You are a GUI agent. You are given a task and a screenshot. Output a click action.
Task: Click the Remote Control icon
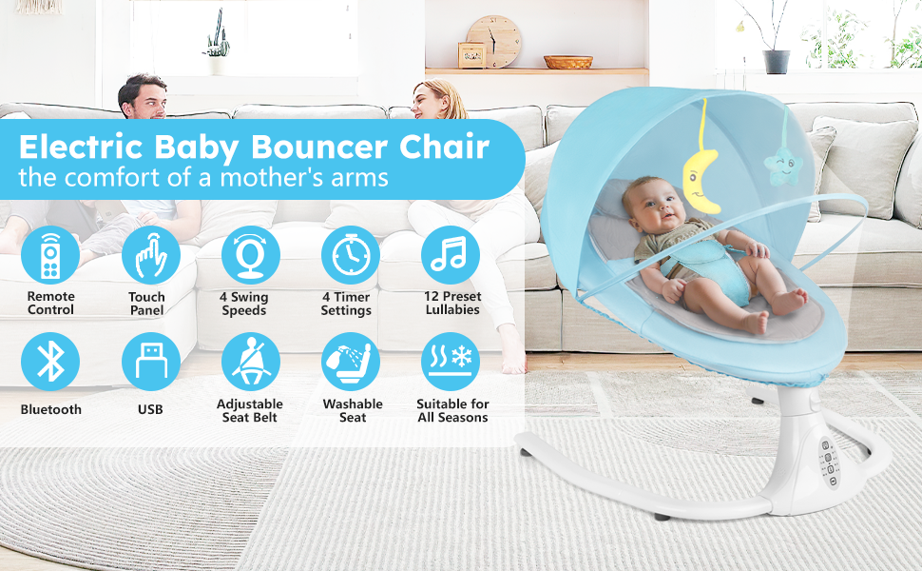[x=50, y=255]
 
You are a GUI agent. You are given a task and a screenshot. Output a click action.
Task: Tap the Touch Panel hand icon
[x=150, y=255]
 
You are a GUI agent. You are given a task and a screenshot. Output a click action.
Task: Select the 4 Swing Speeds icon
[x=250, y=255]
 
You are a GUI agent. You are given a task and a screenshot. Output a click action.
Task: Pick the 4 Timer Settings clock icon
[x=350, y=255]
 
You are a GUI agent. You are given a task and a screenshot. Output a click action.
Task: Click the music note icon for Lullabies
[x=450, y=255]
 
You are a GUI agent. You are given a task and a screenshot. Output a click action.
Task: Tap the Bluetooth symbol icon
[x=50, y=362]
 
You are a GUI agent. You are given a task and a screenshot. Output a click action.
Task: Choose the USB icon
[x=150, y=362]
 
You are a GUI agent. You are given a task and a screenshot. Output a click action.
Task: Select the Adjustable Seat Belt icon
[x=250, y=362]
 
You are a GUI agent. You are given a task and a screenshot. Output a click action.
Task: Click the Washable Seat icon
[x=350, y=362]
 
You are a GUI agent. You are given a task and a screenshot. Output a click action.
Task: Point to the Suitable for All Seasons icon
[x=450, y=362]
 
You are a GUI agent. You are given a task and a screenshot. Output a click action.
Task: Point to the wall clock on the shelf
[x=494, y=41]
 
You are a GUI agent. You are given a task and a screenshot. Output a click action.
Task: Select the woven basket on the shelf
[x=568, y=62]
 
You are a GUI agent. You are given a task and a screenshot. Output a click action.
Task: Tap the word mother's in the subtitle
[x=284, y=178]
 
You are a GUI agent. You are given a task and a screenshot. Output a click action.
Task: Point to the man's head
[x=143, y=97]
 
